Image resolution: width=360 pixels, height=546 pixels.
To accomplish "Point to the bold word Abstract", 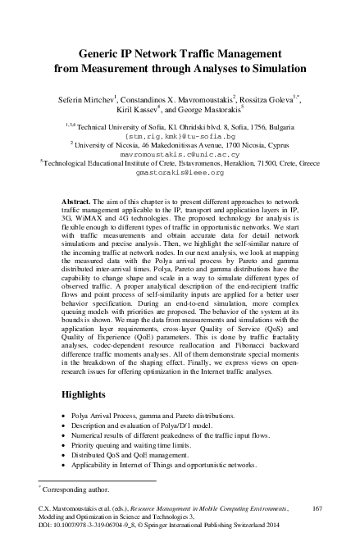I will [78, 200].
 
